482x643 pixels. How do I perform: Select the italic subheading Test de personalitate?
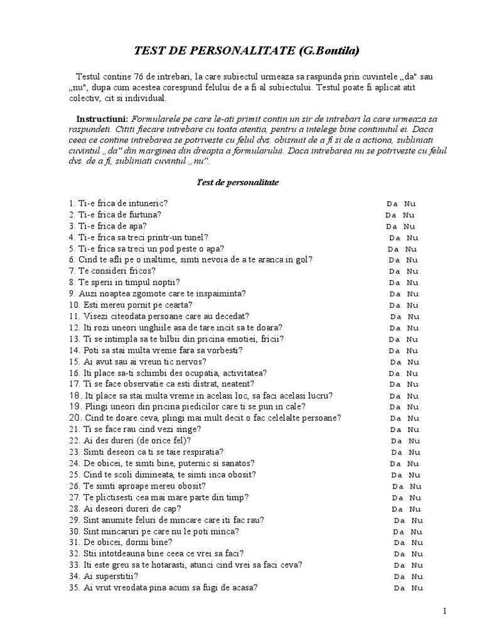click(234, 182)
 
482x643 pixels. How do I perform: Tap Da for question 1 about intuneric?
click(391, 203)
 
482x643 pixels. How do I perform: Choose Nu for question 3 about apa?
click(409, 226)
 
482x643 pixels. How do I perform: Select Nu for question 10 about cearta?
click(412, 305)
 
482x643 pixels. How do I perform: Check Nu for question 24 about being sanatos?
click(414, 463)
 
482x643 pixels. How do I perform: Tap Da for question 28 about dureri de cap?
click(397, 509)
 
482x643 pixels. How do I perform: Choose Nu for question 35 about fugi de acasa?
click(417, 588)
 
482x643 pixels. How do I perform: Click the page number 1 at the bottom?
click(463, 611)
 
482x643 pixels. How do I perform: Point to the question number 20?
click(73, 418)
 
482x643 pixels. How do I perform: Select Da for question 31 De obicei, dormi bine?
click(399, 543)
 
